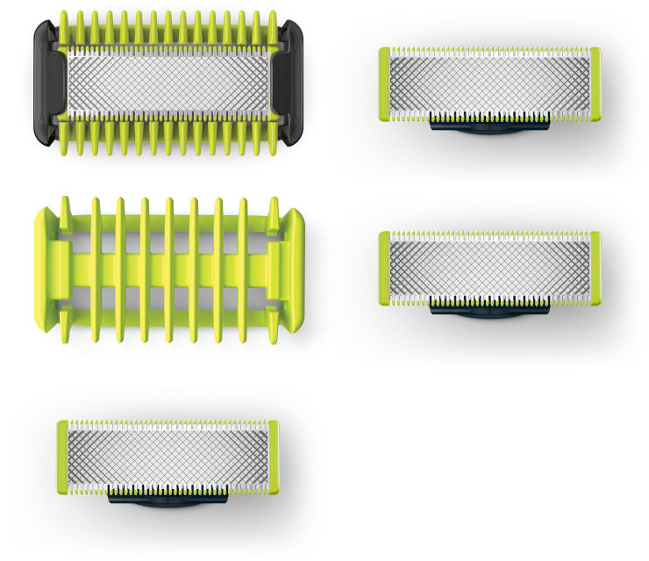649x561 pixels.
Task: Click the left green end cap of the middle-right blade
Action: pos(384,269)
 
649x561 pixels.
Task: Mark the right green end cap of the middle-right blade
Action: pos(596,269)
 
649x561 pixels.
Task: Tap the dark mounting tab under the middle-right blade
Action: pos(489,310)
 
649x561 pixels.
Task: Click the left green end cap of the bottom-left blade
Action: pos(63,457)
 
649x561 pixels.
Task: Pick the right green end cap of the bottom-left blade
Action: pos(275,457)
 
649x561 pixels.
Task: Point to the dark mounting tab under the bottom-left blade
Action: pos(168,499)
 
